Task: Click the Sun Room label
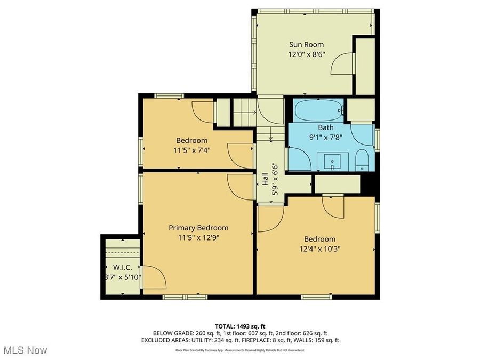[x=306, y=45]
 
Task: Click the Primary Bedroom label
[x=198, y=227]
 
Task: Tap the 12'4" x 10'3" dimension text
[x=320, y=249]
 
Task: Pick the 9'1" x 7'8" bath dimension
[x=326, y=137]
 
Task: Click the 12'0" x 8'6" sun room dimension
[x=306, y=54]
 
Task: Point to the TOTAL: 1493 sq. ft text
[x=239, y=325]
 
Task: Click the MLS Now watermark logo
[x=25, y=350]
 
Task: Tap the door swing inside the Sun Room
[x=342, y=65]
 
